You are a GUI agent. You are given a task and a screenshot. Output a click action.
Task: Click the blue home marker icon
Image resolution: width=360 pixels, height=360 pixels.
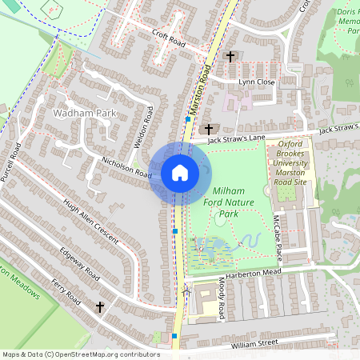(180, 172)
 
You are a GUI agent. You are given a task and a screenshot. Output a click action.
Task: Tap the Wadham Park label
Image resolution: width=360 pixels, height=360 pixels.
(84, 114)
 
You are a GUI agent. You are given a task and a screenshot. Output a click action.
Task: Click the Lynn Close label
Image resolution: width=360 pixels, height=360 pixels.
(255, 82)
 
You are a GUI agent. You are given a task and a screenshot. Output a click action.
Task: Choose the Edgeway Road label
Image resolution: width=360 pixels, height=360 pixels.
(80, 263)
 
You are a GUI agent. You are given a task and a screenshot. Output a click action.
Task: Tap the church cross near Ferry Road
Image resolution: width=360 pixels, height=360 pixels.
(101, 306)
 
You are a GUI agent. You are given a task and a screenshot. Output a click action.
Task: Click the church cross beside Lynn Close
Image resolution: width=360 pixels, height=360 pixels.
(231, 57)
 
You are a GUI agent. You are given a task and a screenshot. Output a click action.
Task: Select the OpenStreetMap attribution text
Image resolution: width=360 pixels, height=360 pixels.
(81, 354)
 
